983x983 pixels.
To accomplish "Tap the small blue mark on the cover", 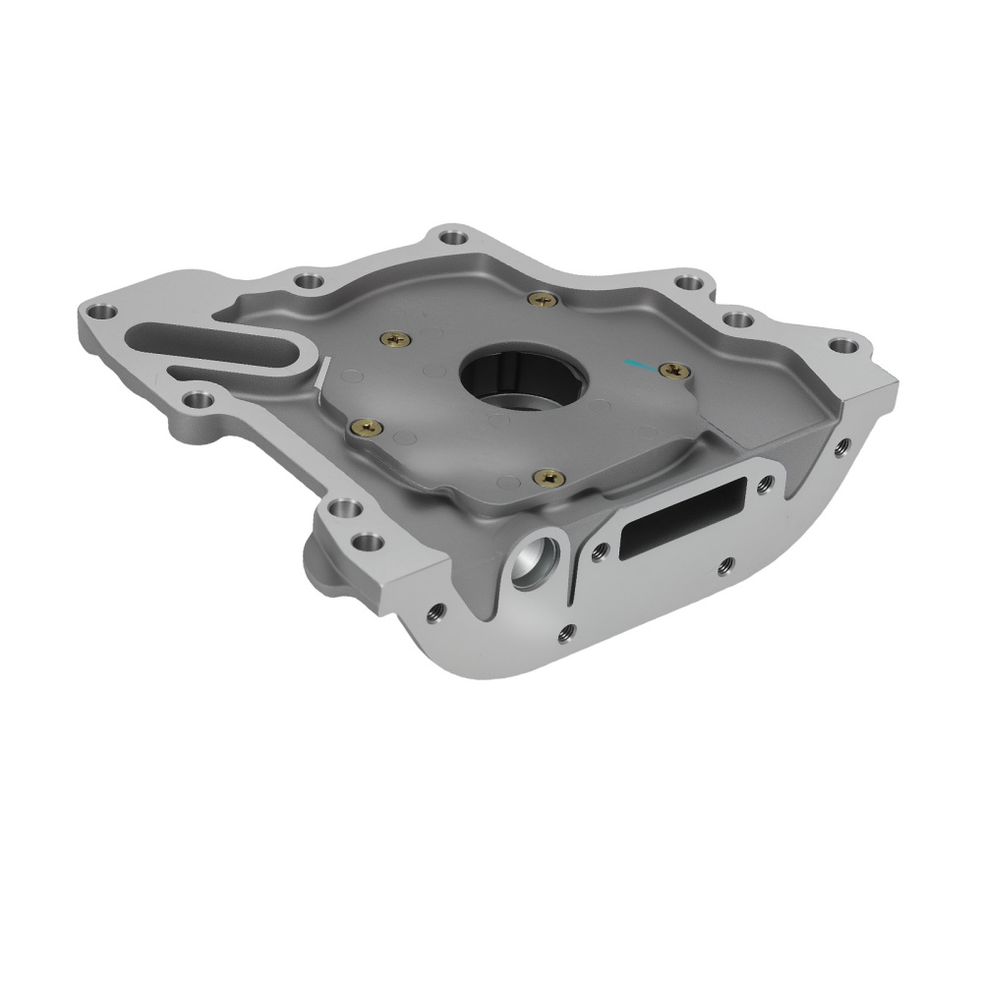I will click(x=635, y=365).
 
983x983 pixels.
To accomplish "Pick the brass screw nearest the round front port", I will click(x=547, y=478).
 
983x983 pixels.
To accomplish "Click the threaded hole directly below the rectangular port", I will click(x=725, y=564).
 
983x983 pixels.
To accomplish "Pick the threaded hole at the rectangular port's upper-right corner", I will click(x=766, y=482).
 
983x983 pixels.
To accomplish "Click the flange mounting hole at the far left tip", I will click(x=96, y=314).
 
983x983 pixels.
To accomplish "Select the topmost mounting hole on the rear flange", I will click(x=451, y=237).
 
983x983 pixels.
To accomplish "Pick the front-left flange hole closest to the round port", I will click(x=368, y=542).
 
